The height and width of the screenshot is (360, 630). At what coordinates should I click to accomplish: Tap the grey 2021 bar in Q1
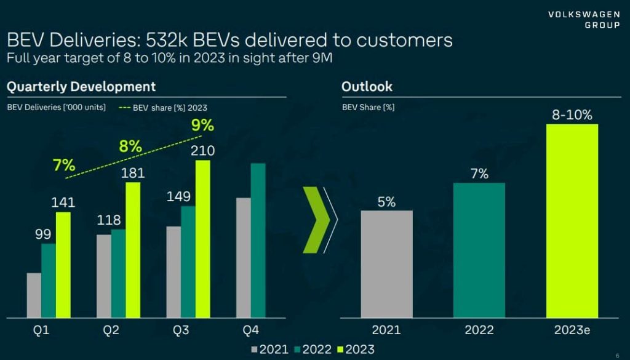pyautogui.click(x=34, y=295)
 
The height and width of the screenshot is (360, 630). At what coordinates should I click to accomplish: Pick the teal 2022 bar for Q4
pyautogui.click(x=258, y=240)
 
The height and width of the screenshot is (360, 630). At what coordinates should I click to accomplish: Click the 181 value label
pyautogui.click(x=133, y=172)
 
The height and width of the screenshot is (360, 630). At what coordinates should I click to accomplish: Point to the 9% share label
pyautogui.click(x=202, y=126)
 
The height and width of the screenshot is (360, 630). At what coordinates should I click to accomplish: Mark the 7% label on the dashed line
pyautogui.click(x=64, y=165)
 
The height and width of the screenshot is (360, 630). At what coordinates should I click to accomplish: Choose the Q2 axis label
pyautogui.click(x=111, y=330)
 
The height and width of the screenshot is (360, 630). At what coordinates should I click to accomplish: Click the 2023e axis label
pyautogui.click(x=572, y=330)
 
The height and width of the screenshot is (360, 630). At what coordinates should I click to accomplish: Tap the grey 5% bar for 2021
pyautogui.click(x=386, y=264)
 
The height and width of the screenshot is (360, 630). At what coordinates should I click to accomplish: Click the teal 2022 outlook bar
pyautogui.click(x=479, y=250)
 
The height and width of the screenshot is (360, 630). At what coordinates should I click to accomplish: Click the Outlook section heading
pyautogui.click(x=367, y=87)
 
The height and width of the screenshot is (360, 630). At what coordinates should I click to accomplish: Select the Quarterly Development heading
pyautogui.click(x=81, y=87)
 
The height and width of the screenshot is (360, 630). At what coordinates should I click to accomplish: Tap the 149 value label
pyautogui.click(x=179, y=197)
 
